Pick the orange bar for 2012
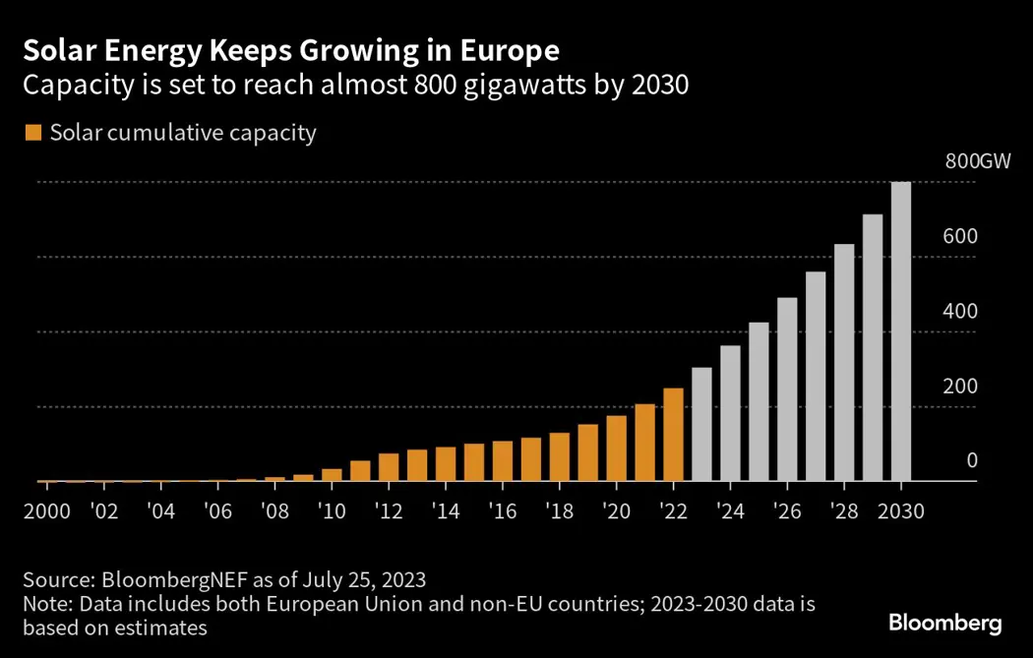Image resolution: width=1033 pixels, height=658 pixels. (x=389, y=467)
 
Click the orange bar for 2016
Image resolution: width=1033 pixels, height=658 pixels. (x=503, y=461)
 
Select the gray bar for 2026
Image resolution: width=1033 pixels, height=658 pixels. (x=787, y=389)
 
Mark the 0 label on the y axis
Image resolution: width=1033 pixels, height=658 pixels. (x=972, y=460)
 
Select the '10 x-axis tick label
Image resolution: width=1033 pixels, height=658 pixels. (x=332, y=511)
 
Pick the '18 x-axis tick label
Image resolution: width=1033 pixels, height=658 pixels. (x=559, y=511)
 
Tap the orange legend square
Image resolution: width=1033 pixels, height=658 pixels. (x=34, y=133)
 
